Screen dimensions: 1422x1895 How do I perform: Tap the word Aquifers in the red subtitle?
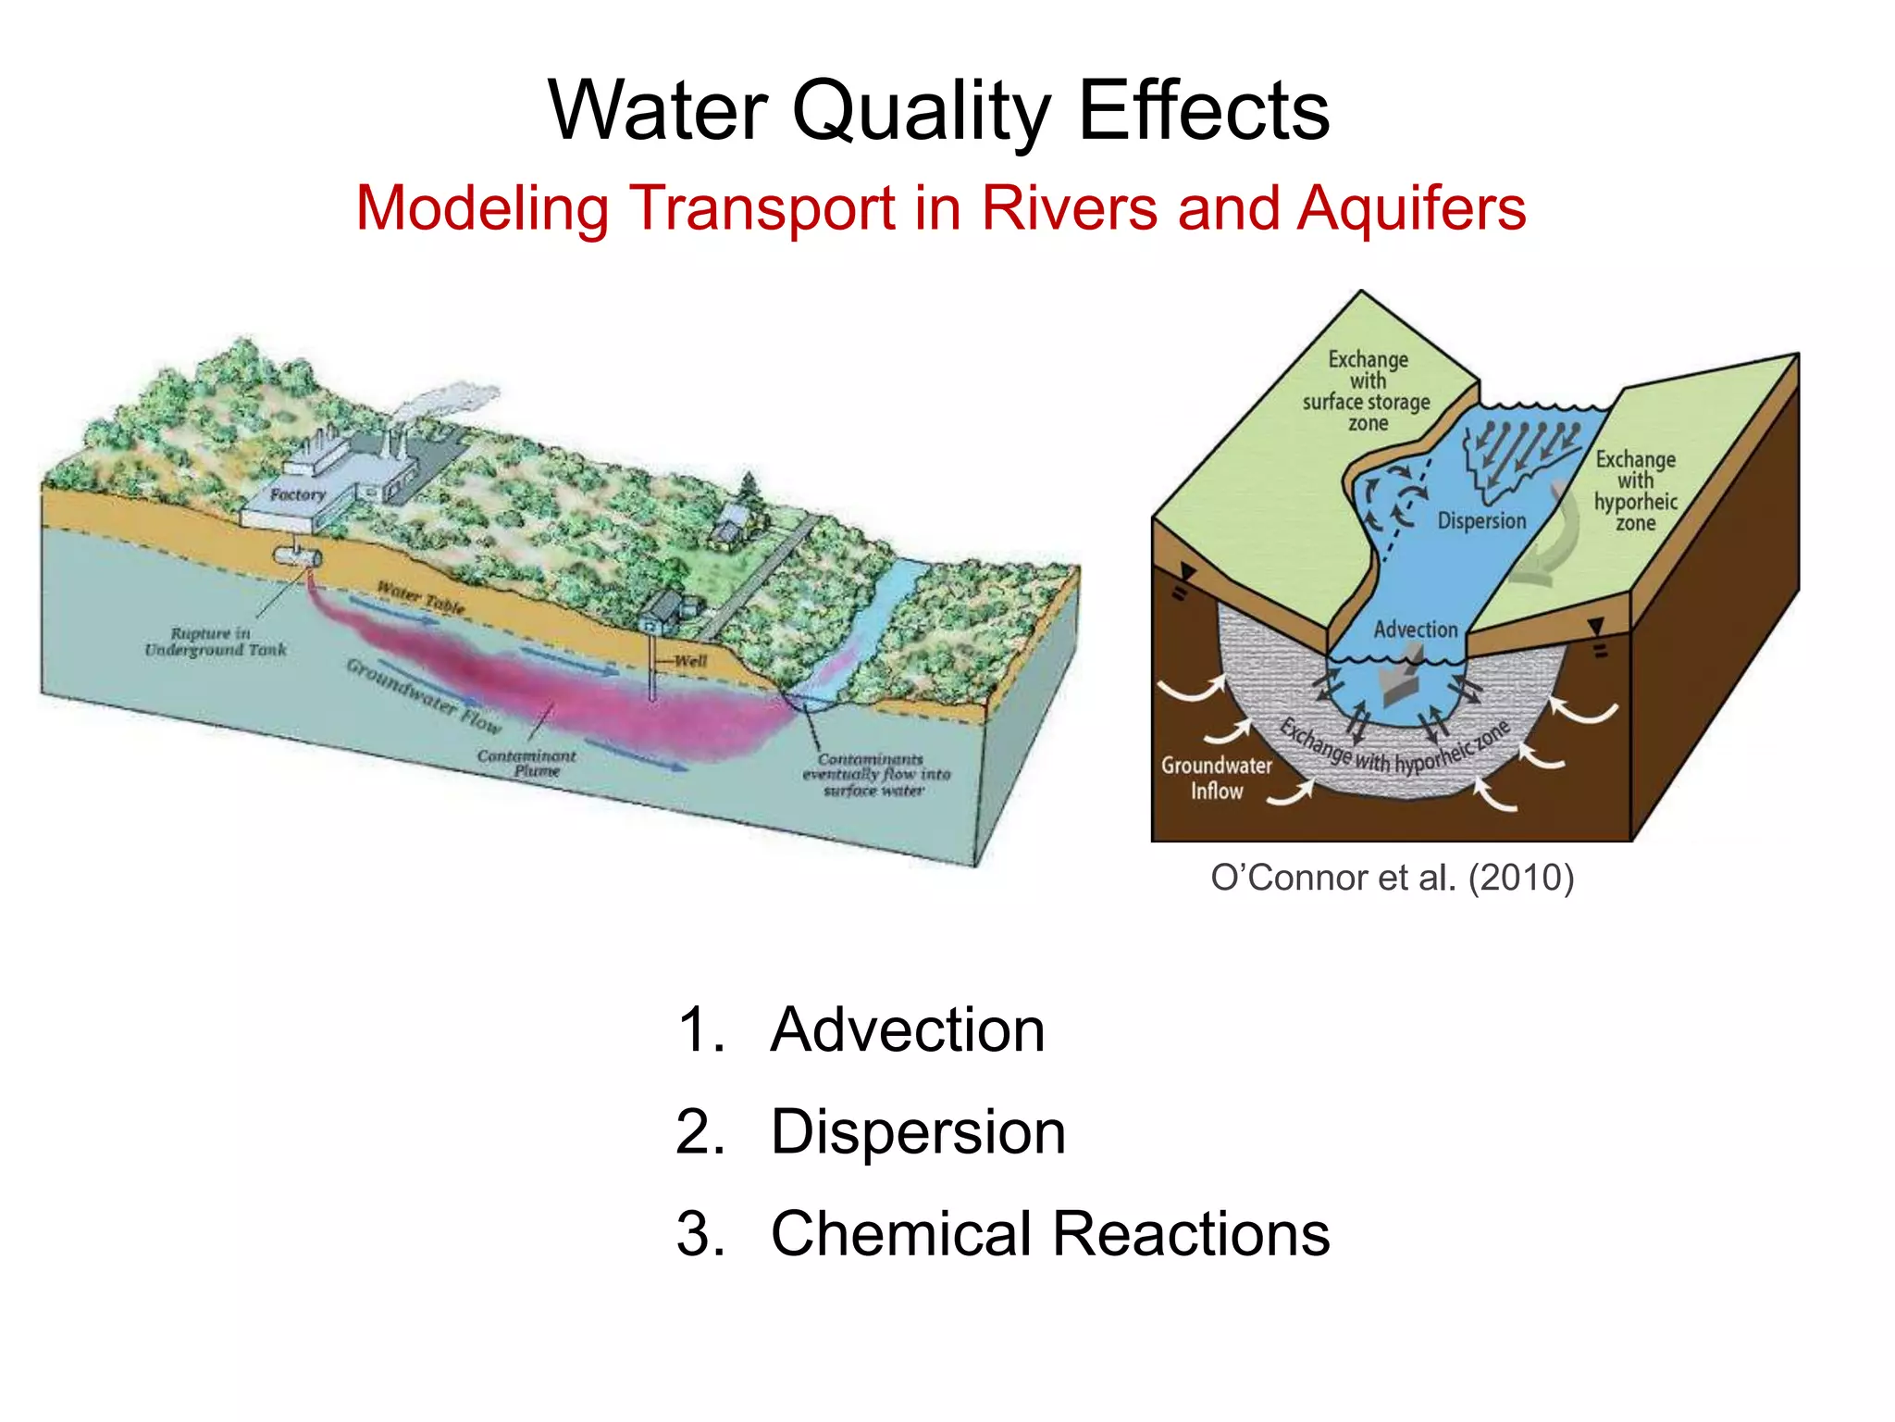(1411, 208)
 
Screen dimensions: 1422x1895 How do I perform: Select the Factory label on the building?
(297, 495)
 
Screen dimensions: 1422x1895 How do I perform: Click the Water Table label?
(421, 597)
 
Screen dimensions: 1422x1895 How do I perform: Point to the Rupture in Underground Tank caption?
(216, 642)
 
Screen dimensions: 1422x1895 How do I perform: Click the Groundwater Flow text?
(423, 694)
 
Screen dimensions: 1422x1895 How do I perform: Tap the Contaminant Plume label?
(526, 763)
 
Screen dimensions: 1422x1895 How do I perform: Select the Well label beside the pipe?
(690, 661)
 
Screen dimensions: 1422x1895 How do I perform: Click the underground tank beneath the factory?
(297, 556)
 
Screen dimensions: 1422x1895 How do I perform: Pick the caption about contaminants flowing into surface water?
(875, 775)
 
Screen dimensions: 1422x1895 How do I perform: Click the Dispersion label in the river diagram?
(1481, 521)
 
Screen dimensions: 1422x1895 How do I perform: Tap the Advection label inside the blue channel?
(1415, 630)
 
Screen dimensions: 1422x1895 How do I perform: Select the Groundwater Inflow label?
(1217, 778)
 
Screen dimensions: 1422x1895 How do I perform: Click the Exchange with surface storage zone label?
(1367, 391)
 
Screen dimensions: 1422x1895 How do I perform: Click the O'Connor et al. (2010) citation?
(1392, 878)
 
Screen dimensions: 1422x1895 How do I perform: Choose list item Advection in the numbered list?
(907, 1029)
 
